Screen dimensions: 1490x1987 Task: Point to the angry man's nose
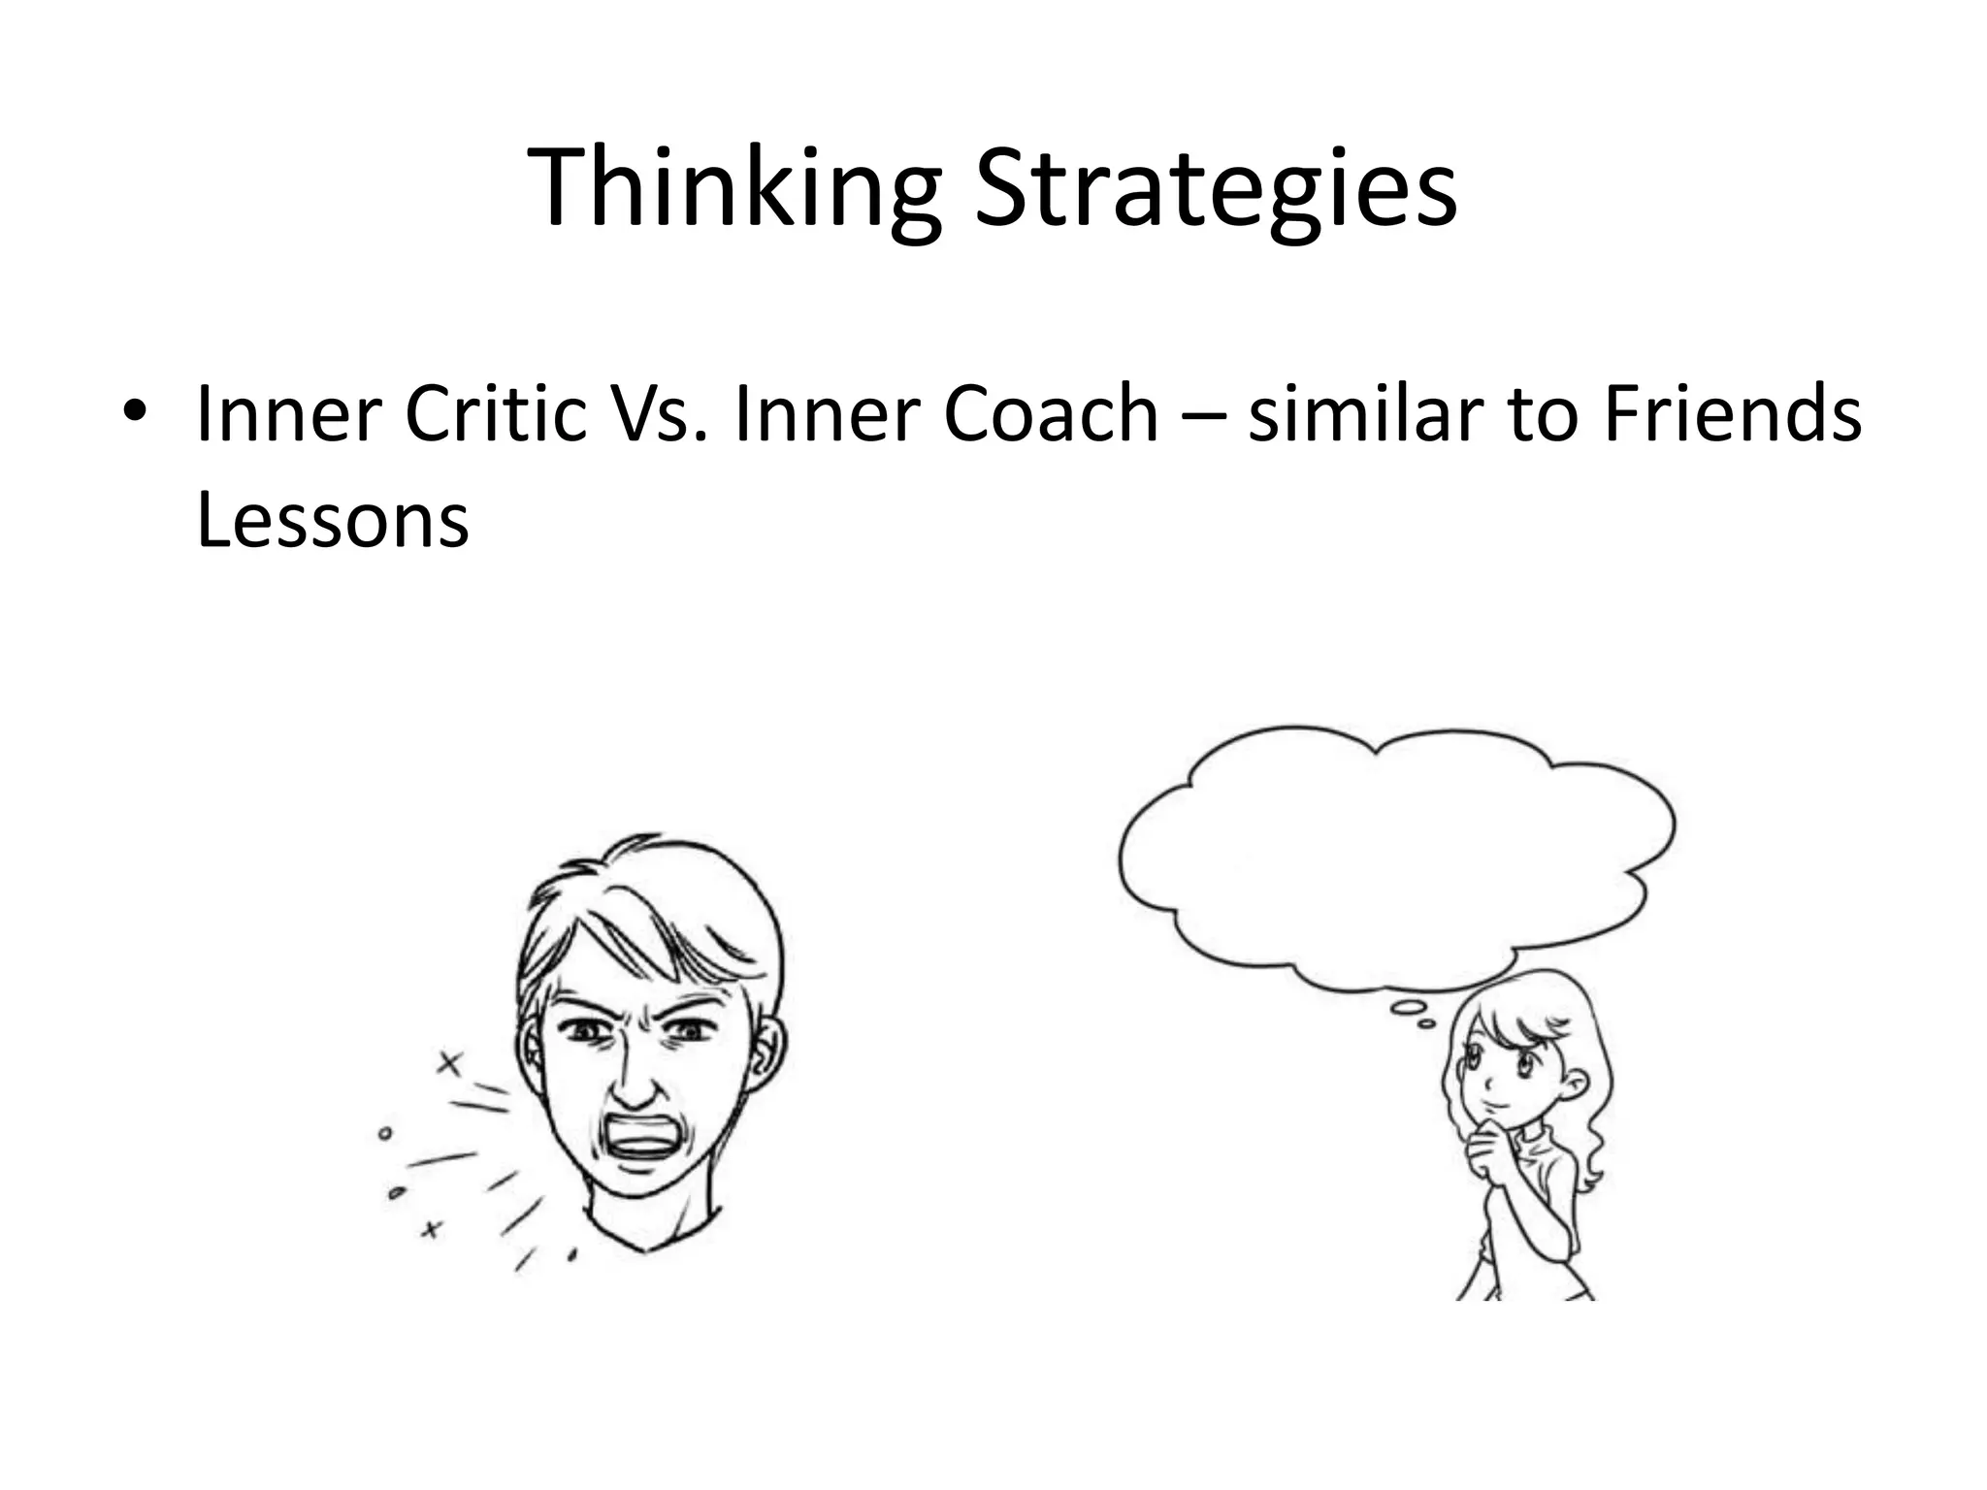pyautogui.click(x=632, y=1082)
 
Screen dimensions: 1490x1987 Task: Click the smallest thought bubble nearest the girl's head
pyautogui.click(x=1426, y=1022)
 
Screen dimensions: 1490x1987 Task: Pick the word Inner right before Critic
pyautogui.click(x=287, y=415)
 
